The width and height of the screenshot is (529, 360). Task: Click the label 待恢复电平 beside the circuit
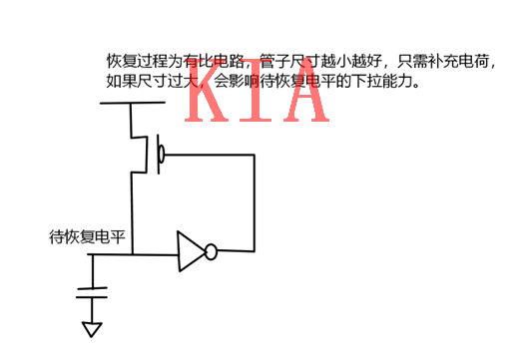(x=88, y=237)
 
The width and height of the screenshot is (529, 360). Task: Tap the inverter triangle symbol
(x=190, y=252)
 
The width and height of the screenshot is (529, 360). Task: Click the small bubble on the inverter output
(x=211, y=253)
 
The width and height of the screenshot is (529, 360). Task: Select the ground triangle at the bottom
(x=93, y=330)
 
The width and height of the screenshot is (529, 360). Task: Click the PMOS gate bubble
(x=160, y=155)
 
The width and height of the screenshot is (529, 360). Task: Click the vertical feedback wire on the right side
(x=254, y=204)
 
